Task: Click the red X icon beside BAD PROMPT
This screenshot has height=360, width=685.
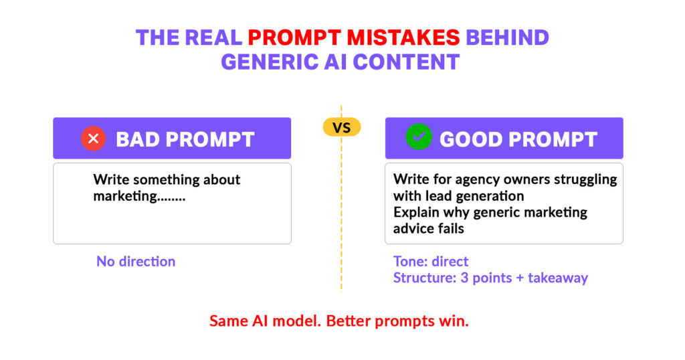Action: (94, 139)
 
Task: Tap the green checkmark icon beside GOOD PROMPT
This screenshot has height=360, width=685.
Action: (419, 138)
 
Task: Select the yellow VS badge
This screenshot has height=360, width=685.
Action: (342, 126)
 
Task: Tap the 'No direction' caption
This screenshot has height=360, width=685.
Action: (136, 261)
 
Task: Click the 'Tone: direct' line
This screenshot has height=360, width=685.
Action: (431, 261)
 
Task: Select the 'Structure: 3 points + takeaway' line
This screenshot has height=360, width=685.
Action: (490, 278)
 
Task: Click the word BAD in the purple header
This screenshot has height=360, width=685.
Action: (138, 139)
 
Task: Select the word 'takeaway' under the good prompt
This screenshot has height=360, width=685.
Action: (557, 278)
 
